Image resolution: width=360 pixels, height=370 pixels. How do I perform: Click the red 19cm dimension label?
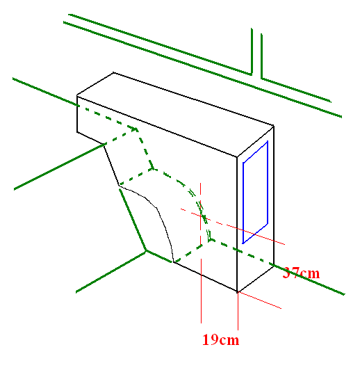(x=221, y=340)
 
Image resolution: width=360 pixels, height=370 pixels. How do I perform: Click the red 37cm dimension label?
(x=301, y=273)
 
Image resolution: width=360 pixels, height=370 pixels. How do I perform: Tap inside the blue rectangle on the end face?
(x=255, y=193)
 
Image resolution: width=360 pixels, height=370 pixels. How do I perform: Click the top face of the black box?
(x=175, y=115)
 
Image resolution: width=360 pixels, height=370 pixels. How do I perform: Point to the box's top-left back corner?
(x=113, y=72)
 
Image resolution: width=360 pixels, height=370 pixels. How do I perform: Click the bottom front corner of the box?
(x=238, y=292)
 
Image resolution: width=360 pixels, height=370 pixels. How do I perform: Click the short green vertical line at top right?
(x=261, y=56)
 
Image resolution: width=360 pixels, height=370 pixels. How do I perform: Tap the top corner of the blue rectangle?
(x=268, y=141)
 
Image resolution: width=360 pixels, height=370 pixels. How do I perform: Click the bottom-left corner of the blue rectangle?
(x=243, y=243)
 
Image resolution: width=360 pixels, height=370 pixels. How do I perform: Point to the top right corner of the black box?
(x=274, y=126)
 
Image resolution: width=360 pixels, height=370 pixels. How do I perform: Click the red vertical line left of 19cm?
(x=201, y=253)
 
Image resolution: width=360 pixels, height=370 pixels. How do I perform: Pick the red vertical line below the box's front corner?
(x=238, y=311)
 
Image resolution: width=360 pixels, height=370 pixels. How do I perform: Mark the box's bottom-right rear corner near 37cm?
(x=274, y=265)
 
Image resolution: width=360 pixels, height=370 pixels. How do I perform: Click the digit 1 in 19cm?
(x=206, y=340)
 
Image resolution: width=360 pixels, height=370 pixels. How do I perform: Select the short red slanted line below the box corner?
(x=259, y=300)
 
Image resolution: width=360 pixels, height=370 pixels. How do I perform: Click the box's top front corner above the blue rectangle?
(x=237, y=156)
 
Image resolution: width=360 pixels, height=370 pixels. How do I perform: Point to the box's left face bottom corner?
(x=77, y=132)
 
